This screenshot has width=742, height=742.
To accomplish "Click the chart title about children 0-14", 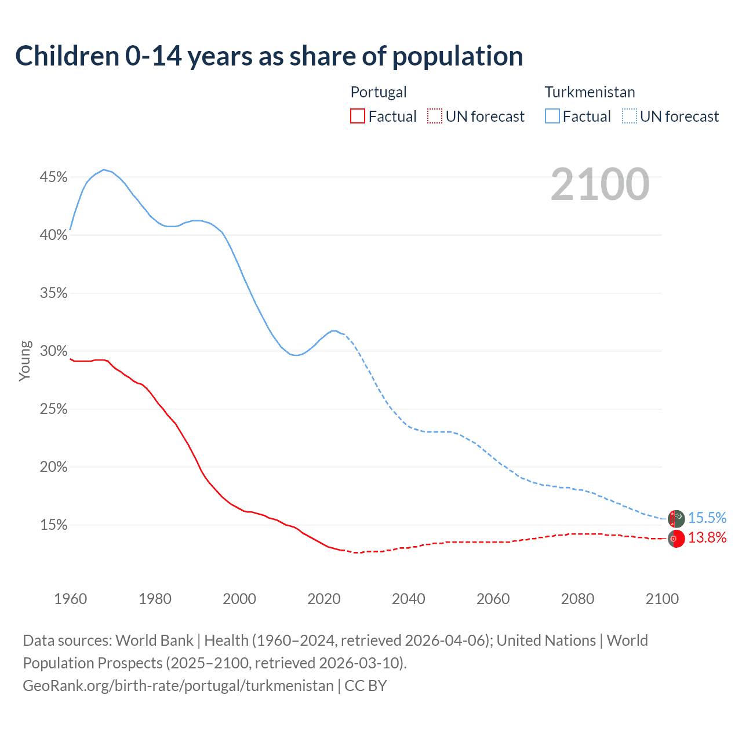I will coord(269,56).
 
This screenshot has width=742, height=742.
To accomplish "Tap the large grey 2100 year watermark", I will coord(600,184).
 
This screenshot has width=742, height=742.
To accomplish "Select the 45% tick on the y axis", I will coord(53,177).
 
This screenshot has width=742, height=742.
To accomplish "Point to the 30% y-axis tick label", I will coord(53,351).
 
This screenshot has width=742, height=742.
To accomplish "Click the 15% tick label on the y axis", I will coord(53,525).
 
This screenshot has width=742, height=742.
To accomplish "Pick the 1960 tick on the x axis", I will coord(70,599).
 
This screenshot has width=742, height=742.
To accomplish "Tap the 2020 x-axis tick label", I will coord(324,599).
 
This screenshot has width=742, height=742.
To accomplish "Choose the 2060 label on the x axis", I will coord(493,599).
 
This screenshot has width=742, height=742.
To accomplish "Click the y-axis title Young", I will coord(24,361).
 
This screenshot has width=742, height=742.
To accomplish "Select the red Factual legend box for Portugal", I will coord(358,117).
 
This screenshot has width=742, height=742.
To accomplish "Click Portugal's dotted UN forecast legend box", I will coord(435,117).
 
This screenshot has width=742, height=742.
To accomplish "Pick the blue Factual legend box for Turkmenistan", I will coord(552,117).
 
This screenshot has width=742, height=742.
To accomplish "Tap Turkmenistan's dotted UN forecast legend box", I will coord(630,117).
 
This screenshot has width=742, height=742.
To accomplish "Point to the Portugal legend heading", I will coord(379,92).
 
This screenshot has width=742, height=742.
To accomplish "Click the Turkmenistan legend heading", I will coord(590,92).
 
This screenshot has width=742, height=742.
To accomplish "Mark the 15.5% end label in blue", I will coord(707,518).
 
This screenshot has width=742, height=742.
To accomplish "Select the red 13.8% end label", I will coord(707,538).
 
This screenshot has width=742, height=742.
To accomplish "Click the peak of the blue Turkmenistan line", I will coord(104,170).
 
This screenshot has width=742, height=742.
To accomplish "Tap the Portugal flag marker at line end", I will coord(676,539).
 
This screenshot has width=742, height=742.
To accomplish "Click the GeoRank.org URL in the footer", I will coord(178,686).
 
